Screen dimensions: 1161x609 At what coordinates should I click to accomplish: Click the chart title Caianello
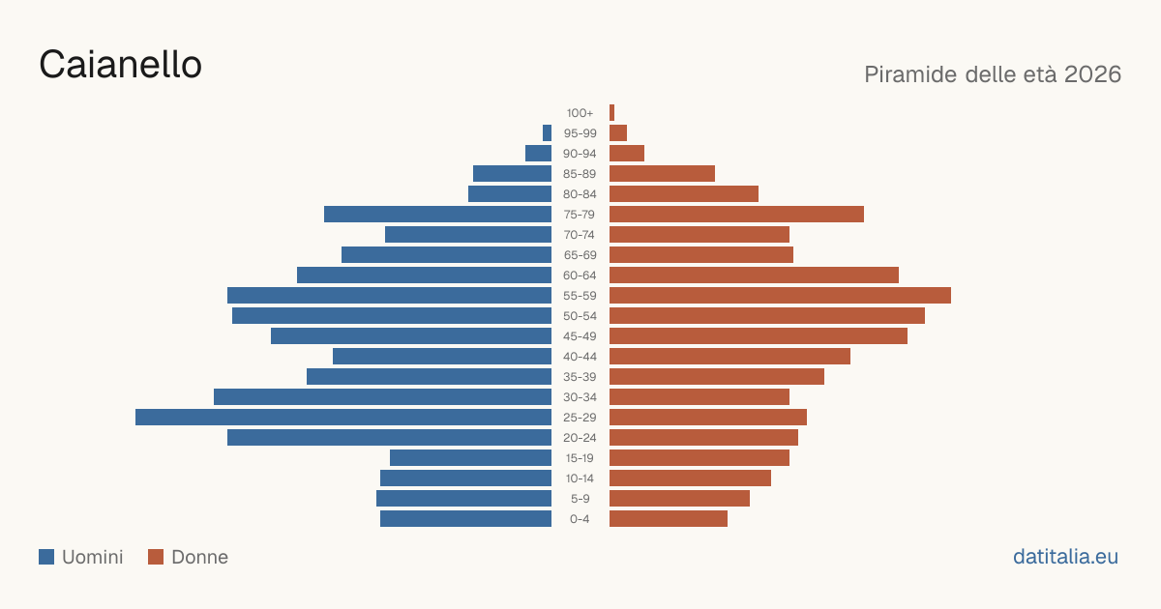tap(120, 65)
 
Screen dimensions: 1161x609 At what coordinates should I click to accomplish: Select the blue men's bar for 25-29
tap(343, 418)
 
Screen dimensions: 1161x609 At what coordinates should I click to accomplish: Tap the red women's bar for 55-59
tap(780, 296)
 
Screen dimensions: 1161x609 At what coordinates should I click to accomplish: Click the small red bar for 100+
tap(611, 113)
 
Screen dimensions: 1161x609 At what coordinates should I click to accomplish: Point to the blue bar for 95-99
tap(547, 133)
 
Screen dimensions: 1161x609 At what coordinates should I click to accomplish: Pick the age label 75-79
tap(580, 215)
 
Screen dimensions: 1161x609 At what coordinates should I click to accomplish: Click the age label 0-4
tap(580, 519)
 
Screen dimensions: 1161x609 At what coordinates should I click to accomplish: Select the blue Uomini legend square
tap(46, 557)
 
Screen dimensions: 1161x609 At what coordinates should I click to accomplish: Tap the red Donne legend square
tap(156, 557)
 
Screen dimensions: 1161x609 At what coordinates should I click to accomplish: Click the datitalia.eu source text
tap(1065, 557)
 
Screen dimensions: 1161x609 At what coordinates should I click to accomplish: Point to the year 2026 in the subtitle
tap(1092, 74)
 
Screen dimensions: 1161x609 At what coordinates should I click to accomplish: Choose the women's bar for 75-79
tap(736, 215)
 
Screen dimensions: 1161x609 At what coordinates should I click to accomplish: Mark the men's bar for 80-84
tap(510, 194)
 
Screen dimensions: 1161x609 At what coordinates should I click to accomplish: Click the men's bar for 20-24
tap(389, 438)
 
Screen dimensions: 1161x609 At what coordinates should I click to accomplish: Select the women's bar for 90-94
tap(627, 154)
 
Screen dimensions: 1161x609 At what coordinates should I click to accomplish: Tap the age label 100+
tap(580, 113)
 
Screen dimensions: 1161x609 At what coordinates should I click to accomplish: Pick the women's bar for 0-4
tap(669, 519)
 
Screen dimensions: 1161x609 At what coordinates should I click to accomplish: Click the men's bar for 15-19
tap(470, 458)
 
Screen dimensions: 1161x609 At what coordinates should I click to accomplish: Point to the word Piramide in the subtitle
tap(910, 74)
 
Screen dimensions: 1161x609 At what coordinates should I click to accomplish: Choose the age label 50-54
tap(580, 316)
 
